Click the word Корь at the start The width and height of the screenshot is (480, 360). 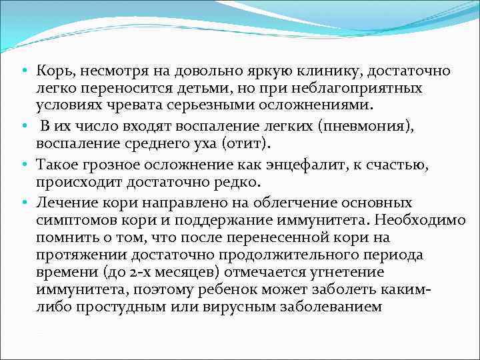[51, 70]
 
